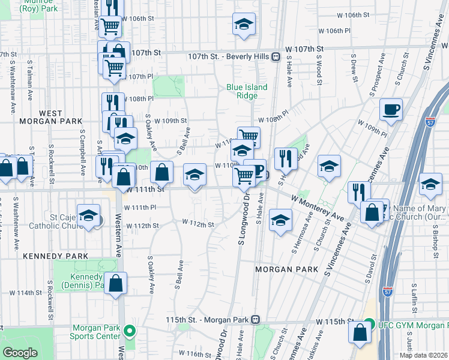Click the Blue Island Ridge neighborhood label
click(247, 91)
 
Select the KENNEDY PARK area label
click(47, 256)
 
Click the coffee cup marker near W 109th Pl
click(391, 110)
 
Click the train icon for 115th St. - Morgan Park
click(256, 319)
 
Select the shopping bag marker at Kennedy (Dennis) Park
click(115, 284)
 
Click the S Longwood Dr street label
click(243, 220)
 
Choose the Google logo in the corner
click(20, 353)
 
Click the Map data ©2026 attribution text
click(423, 355)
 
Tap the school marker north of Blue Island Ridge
click(243, 25)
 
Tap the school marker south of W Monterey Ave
click(280, 220)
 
